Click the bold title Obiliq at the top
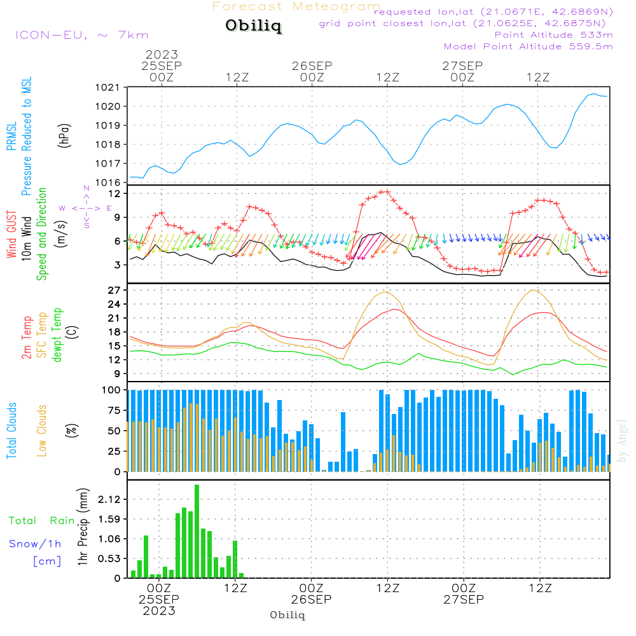coord(252,27)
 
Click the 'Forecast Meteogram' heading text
coord(296,7)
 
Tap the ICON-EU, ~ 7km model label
coord(81,35)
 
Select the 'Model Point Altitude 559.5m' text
coord(528,46)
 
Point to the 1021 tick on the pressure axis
coord(107,87)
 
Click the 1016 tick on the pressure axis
coord(107,183)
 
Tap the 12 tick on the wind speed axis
coord(114,193)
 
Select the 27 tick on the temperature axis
coord(114,290)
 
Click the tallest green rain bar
coord(197,531)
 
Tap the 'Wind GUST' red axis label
coord(11,235)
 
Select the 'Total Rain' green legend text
coord(41,521)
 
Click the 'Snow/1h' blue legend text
coord(35,544)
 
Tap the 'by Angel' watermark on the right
coord(623,441)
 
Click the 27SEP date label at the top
coord(462,66)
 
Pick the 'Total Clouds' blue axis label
coord(11,430)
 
